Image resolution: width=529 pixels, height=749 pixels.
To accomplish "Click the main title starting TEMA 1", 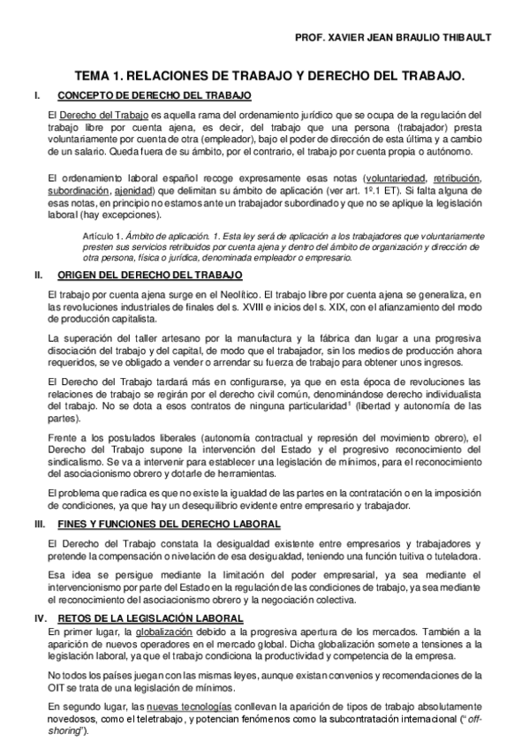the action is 268,78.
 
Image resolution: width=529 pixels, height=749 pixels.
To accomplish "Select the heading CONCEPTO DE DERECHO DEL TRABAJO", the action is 154,95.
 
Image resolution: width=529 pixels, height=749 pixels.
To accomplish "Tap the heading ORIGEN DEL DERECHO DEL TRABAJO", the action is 150,276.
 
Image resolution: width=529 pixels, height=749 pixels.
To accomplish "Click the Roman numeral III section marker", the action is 39,524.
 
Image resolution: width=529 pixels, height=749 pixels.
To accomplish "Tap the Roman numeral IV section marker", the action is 40,617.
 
